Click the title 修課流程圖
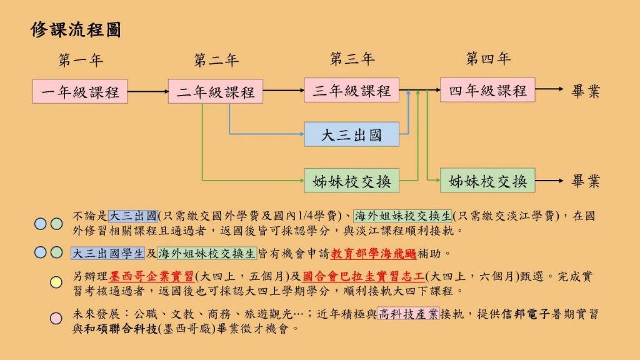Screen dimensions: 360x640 [x=76, y=30]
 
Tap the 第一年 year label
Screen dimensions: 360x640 [x=81, y=61]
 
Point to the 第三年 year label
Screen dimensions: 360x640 [x=352, y=60]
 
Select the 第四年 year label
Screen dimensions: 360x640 [x=488, y=60]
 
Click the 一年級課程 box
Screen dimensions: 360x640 [x=80, y=92]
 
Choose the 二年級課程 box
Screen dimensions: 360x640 [x=216, y=92]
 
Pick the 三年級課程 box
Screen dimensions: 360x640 [x=351, y=91]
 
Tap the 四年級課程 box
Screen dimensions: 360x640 [x=487, y=91]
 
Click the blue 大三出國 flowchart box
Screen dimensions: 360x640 [x=351, y=134]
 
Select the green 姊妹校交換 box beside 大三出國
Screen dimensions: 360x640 [x=351, y=181]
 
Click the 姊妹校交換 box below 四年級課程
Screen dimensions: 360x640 [x=487, y=181]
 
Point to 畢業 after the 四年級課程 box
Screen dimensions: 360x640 [x=586, y=91]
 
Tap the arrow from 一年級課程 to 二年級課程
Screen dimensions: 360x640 [x=147, y=92]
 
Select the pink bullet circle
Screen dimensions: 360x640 [x=56, y=318]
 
